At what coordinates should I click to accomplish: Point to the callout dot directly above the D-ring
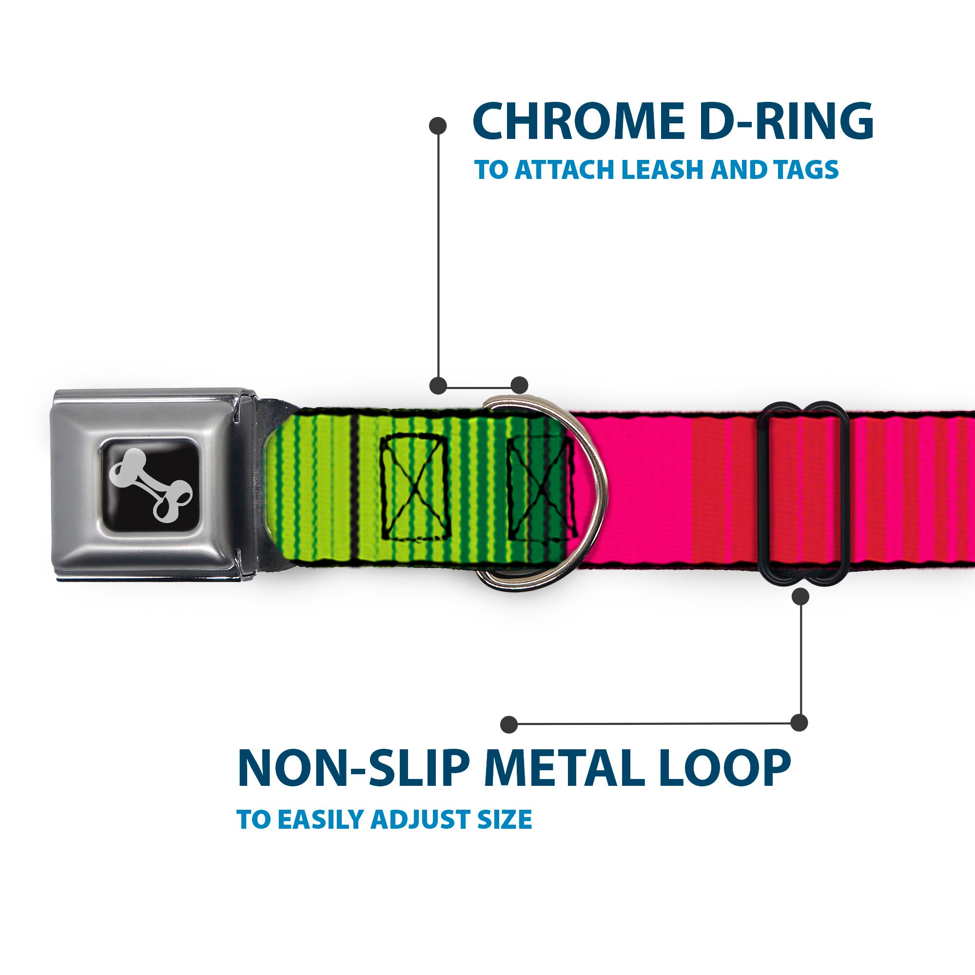coord(519,385)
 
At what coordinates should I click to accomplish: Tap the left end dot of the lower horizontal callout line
coord(509,724)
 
